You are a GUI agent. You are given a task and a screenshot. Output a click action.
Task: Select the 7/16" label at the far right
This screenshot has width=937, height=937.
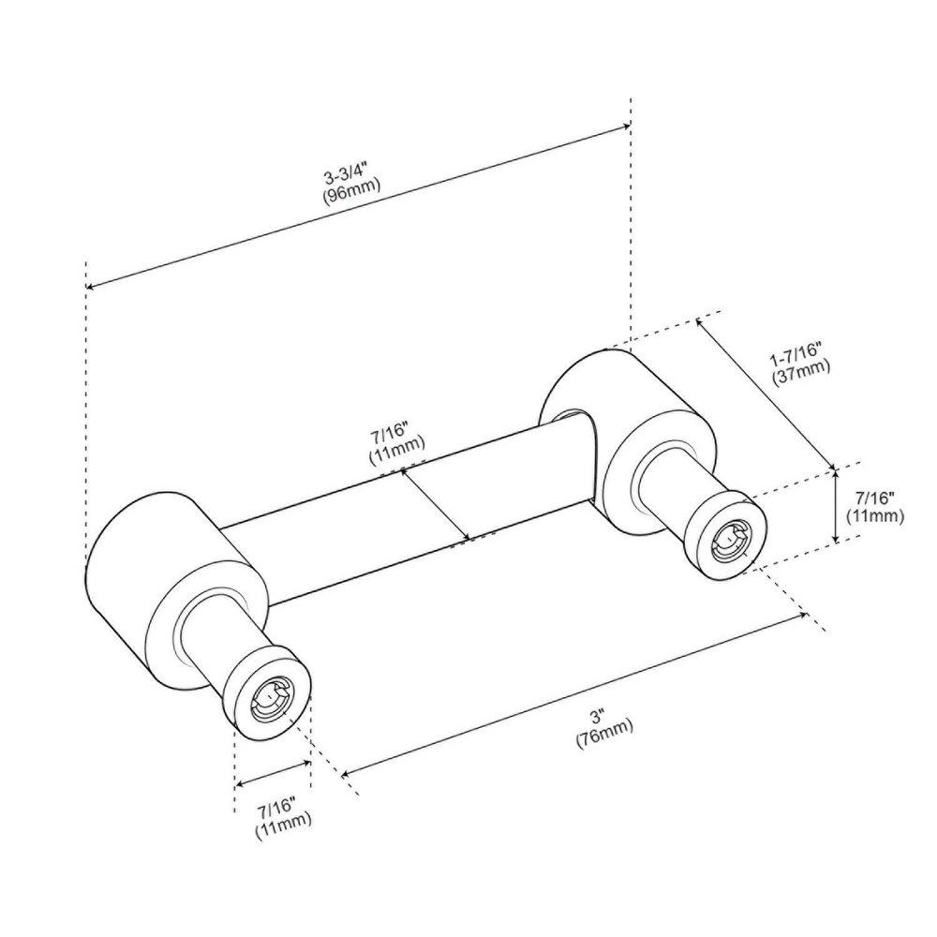click(874, 497)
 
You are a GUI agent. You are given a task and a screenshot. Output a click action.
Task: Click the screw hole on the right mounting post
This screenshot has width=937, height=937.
click(732, 540)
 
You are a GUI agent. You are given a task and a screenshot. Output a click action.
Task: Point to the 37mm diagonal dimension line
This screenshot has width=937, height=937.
click(765, 394)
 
